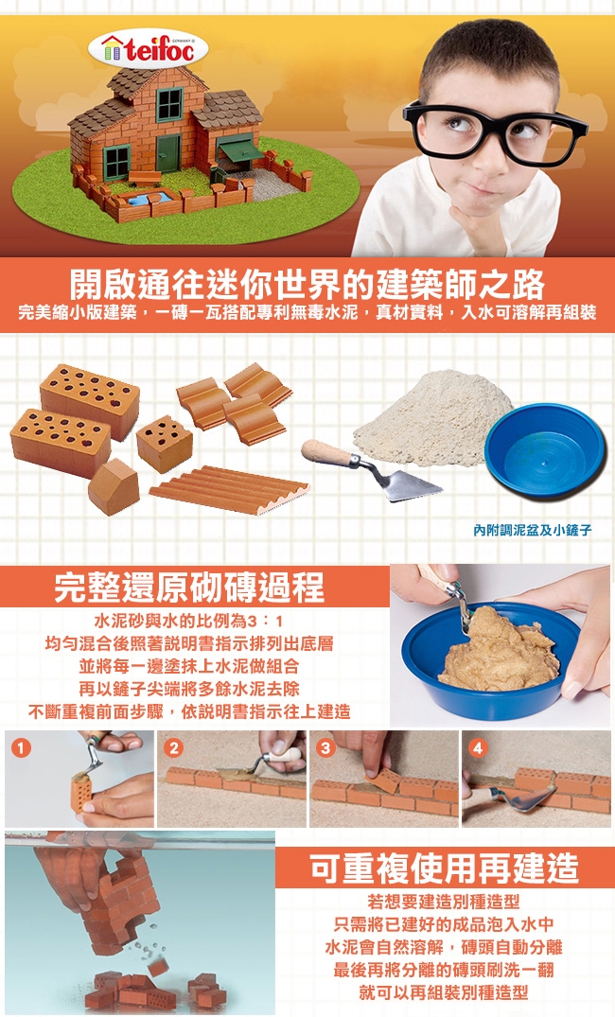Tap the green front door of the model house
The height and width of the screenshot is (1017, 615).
coord(168,153)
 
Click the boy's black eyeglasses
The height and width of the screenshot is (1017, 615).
coord(494,131)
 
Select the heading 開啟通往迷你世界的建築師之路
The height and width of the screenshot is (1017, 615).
coord(307,283)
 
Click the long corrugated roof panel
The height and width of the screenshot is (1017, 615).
coord(229,490)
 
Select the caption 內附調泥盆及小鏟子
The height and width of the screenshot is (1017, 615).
coord(532,530)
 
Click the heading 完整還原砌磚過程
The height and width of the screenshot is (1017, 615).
coord(189,587)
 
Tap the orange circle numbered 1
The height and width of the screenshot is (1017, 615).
coord(21,747)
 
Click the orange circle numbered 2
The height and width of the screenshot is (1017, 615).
coord(173,747)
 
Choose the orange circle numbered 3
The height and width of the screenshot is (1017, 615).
coord(325,747)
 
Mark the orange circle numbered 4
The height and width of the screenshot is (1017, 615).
coord(478,747)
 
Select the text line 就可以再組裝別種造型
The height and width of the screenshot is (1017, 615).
coord(444,992)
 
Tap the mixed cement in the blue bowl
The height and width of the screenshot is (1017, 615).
coord(499,650)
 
